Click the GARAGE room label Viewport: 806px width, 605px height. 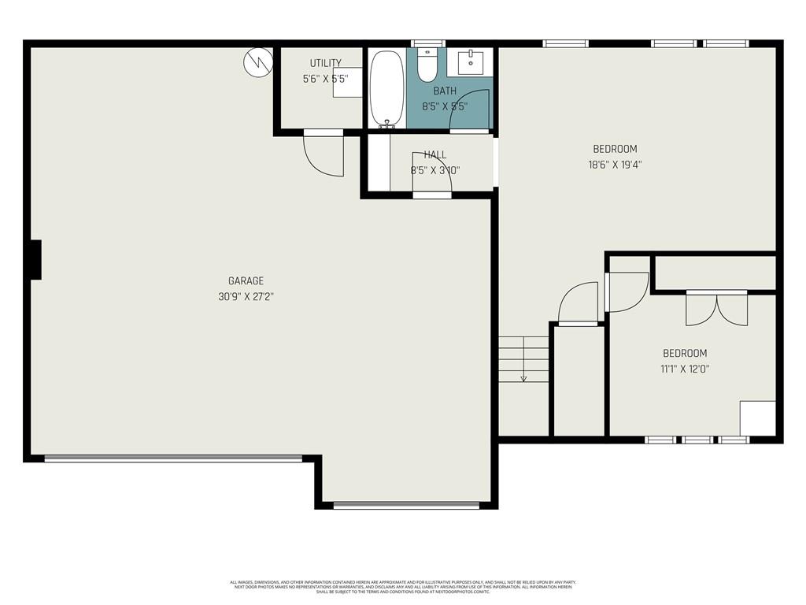(246, 280)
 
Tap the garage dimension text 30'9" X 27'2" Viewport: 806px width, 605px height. (246, 297)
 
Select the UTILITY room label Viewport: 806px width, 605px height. (325, 63)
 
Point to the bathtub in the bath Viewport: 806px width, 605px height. (386, 88)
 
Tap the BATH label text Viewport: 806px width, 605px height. (445, 91)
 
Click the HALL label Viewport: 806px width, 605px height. (434, 155)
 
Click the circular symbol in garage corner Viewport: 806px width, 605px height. (258, 61)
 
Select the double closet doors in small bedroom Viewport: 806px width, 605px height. (716, 309)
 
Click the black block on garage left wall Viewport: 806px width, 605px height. (35, 259)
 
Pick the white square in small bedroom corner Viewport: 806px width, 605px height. (757, 418)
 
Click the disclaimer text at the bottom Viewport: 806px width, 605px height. (403, 587)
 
